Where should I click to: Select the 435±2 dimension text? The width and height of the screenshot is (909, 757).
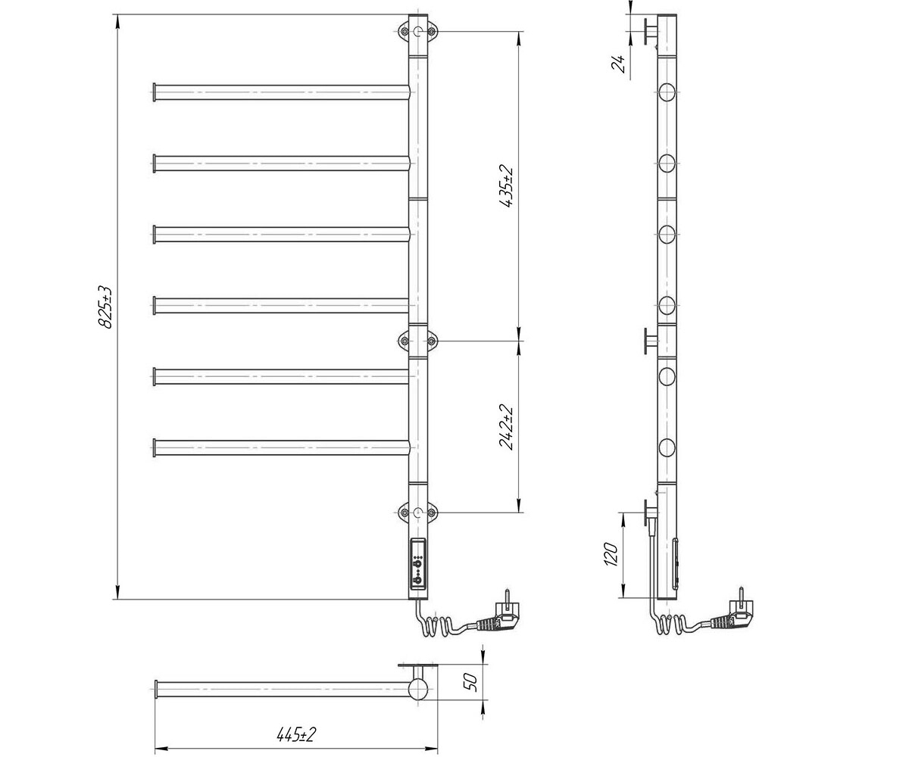507,186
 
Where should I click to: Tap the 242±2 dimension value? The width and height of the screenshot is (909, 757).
507,427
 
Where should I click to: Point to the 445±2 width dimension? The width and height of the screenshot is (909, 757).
296,734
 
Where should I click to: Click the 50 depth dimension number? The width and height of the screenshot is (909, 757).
471,682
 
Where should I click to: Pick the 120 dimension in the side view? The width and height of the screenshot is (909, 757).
611,554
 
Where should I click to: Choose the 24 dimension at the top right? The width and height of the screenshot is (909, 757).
619,64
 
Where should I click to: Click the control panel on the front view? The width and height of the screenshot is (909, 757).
418,563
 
